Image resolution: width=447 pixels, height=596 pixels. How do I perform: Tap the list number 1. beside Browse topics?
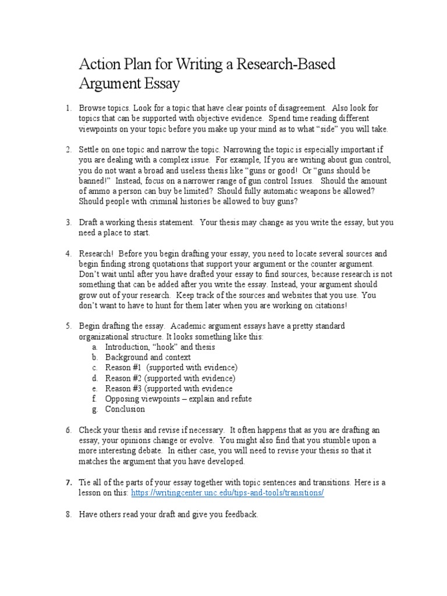[68, 109]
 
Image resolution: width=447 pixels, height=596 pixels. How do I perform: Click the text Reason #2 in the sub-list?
[124, 378]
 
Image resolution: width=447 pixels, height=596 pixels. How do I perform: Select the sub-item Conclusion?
[125, 409]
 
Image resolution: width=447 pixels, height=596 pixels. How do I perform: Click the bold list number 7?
[68, 483]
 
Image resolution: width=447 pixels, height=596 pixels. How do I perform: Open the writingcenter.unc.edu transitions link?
[228, 493]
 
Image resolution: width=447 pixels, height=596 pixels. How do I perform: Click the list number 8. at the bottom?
[68, 515]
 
